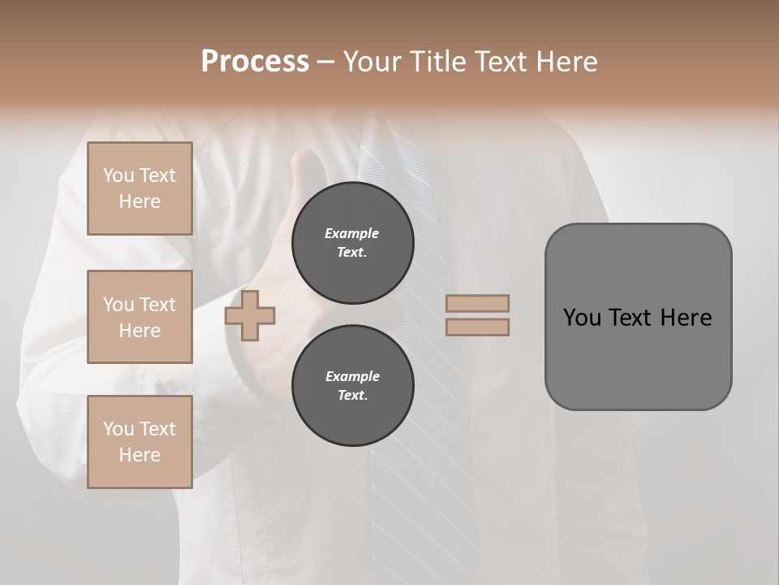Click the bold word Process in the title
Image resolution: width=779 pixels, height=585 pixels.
(255, 62)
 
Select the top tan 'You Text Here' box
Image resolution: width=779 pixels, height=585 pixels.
(140, 188)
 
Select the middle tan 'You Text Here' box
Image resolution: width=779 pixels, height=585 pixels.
(140, 317)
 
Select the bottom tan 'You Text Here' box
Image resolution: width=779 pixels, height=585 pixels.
(140, 442)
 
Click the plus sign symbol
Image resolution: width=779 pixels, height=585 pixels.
(250, 315)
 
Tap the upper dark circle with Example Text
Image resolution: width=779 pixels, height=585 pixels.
(352, 243)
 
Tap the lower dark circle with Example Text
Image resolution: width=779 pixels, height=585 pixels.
(352, 386)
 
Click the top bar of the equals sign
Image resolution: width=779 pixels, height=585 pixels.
(478, 304)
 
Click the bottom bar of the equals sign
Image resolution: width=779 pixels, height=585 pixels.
(478, 327)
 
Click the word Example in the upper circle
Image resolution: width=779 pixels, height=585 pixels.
(352, 233)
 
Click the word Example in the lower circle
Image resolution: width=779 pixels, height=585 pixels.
(352, 376)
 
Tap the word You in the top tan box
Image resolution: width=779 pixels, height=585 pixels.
(118, 175)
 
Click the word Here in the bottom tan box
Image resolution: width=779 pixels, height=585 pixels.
(140, 455)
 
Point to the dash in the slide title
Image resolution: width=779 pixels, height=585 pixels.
(326, 63)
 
